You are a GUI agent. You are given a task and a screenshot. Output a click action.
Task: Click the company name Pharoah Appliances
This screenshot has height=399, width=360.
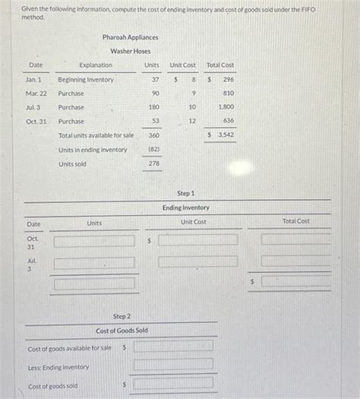(x=131, y=37)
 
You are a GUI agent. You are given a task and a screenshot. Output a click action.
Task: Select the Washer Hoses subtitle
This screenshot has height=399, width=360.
(x=131, y=51)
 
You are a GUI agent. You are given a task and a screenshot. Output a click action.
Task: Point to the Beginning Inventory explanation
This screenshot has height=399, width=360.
(x=86, y=80)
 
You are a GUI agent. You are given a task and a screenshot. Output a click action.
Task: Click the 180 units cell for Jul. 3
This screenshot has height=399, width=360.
(x=154, y=108)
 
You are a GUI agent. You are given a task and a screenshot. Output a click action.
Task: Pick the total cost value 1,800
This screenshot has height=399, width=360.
(x=226, y=108)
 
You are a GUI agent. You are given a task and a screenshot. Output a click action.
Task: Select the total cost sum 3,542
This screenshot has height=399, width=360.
(x=226, y=135)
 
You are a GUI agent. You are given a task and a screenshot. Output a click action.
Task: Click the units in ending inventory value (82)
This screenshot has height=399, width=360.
(x=153, y=150)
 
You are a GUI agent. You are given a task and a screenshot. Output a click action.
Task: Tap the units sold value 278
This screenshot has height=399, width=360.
(x=154, y=163)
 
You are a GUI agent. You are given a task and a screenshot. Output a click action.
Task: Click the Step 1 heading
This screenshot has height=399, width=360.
(x=185, y=194)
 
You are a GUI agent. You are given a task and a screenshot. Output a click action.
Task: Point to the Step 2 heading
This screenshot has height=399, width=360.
(x=122, y=316)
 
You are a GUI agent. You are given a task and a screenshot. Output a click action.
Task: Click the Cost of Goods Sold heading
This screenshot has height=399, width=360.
(x=122, y=331)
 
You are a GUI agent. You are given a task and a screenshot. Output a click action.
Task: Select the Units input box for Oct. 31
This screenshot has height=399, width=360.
(x=94, y=241)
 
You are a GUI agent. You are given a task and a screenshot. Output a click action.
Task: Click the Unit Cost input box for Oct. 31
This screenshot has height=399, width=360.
(x=198, y=240)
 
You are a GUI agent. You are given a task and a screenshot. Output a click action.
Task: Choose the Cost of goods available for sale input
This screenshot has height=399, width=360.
(x=174, y=346)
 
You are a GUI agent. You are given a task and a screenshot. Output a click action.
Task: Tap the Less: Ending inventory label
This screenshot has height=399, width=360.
(x=58, y=367)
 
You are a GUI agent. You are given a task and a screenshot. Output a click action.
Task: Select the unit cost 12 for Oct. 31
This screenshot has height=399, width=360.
(x=192, y=122)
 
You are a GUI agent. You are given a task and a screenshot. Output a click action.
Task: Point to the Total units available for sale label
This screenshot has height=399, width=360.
(x=96, y=135)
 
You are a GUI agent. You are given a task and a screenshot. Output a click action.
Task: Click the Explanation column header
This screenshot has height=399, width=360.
(x=96, y=65)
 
